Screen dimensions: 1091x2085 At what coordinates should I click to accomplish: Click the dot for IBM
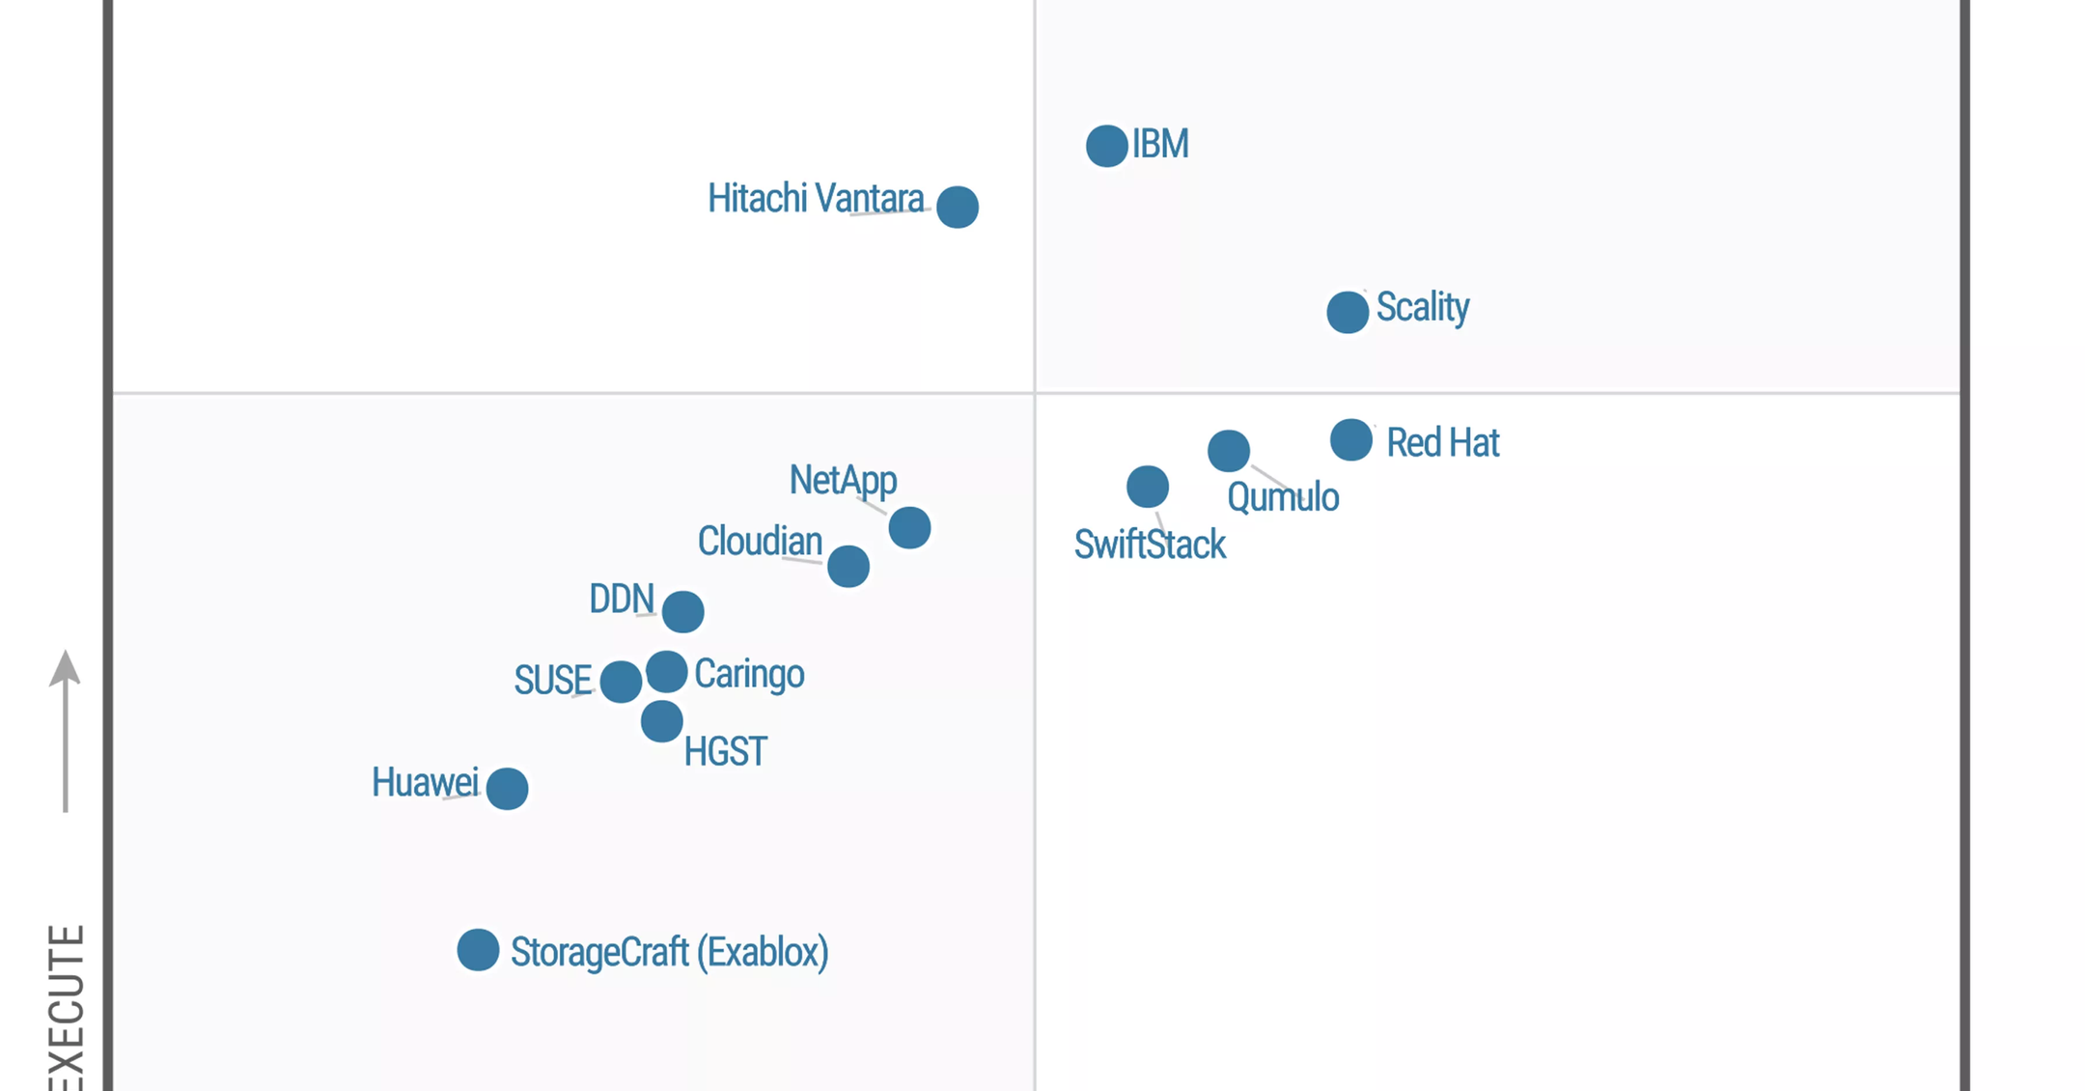[1106, 146]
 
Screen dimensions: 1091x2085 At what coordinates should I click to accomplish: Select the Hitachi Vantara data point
[958, 207]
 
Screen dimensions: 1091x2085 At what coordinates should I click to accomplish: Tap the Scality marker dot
[1348, 312]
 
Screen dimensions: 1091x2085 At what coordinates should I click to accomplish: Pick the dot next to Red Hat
[1351, 440]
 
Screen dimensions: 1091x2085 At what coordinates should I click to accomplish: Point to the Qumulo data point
[1229, 451]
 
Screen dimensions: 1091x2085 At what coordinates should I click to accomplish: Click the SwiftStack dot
[1148, 487]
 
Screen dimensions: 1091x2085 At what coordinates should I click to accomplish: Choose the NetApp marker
[909, 528]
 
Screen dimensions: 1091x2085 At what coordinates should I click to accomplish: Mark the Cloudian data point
[848, 567]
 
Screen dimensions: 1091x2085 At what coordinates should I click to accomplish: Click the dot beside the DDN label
[683, 611]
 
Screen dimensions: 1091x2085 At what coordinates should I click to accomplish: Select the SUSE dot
[621, 682]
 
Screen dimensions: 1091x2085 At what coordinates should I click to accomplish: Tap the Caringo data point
[667, 671]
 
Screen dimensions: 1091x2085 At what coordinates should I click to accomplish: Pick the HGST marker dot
[662, 721]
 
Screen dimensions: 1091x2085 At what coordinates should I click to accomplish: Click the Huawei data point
[508, 789]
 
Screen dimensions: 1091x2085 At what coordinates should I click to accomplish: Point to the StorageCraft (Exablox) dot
[478, 950]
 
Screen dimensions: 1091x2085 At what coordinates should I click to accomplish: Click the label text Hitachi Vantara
[816, 199]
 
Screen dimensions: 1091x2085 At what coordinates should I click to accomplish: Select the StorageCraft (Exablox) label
[669, 953]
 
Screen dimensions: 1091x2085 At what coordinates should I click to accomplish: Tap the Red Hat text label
[1442, 443]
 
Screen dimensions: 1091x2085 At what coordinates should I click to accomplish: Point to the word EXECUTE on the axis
[66, 1009]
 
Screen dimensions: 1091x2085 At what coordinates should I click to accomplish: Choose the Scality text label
[1422, 308]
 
